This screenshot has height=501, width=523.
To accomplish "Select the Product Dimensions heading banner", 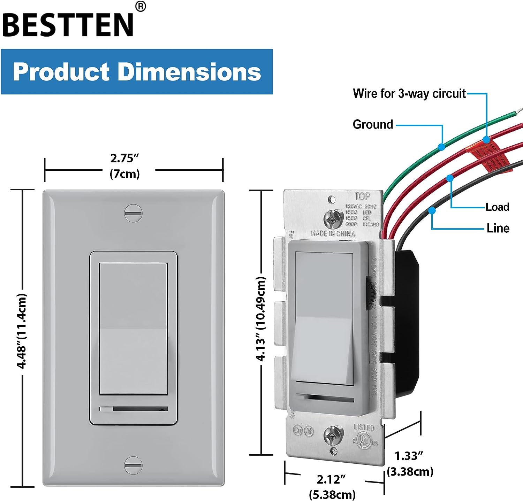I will tap(137, 71).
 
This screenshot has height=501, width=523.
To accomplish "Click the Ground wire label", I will tap(373, 124).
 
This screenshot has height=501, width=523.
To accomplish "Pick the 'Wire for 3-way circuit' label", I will tap(409, 93).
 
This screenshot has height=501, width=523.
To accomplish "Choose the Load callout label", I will tap(497, 207).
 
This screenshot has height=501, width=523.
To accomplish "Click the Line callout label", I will tap(498, 228).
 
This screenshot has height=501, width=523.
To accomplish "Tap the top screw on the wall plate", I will tap(133, 213).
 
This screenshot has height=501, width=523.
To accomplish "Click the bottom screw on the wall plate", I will tap(133, 465).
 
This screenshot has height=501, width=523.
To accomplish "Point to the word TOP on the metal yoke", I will tap(362, 196).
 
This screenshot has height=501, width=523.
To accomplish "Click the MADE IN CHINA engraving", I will tap(333, 233).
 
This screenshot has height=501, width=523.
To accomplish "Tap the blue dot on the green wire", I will tap(441, 147).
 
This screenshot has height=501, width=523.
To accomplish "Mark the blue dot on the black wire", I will tap(432, 210).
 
